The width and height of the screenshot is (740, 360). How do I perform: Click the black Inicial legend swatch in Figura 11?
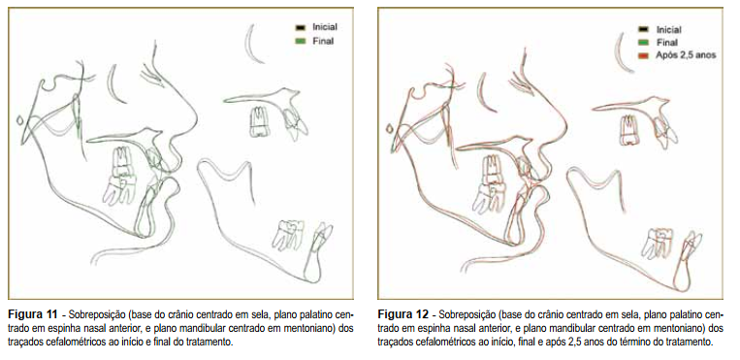tap(301, 28)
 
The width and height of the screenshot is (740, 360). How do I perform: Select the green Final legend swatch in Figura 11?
tap(301, 42)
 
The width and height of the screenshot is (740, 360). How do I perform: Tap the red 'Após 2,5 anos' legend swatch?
tap(644, 55)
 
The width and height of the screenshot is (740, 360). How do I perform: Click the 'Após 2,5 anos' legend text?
tap(686, 55)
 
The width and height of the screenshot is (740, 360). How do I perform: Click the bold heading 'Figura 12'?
tap(403, 314)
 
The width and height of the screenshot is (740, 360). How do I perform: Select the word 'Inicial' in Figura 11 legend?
tap(325, 27)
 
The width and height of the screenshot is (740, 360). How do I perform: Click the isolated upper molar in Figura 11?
tap(258, 122)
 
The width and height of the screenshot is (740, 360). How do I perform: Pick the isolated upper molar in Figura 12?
tap(628, 129)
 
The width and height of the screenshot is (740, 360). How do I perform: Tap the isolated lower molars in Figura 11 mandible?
tap(288, 234)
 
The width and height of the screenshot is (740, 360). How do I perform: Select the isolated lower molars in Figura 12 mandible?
tap(657, 243)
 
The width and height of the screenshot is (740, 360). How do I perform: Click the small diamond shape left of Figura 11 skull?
tap(19, 120)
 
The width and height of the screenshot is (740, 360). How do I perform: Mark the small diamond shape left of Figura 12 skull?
tap(389, 128)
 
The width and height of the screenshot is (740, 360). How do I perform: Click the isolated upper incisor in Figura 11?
tap(294, 122)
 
